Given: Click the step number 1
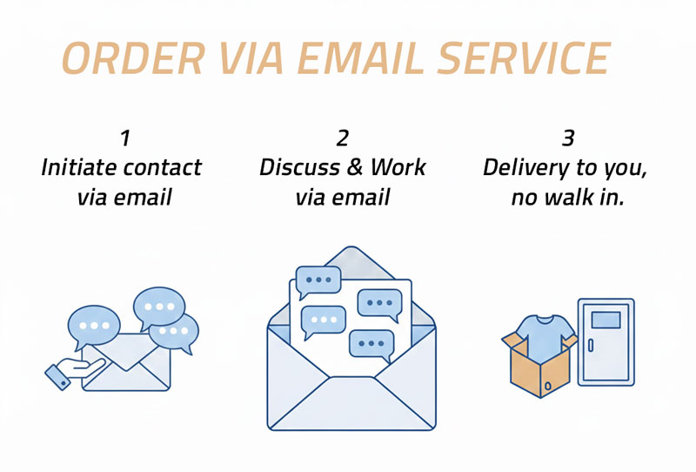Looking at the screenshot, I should tap(125, 138).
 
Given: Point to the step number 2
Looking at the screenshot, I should tap(342, 138).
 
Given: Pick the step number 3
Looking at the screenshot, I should tap(568, 138).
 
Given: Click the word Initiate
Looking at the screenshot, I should tap(80, 167).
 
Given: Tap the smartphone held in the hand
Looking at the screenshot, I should tap(57, 376).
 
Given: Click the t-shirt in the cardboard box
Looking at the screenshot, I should tap(544, 336).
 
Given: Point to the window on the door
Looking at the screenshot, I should tap(606, 320).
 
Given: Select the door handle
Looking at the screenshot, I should tap(591, 345).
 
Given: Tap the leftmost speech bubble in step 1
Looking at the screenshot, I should tap(94, 325).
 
